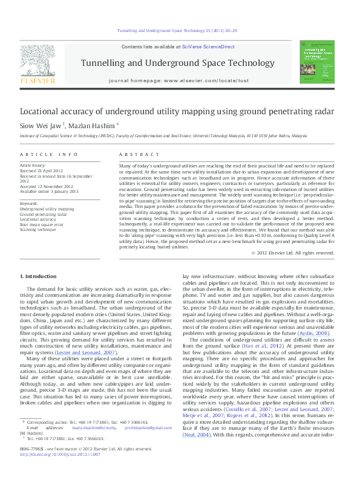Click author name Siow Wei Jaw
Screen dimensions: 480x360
pos(41,126)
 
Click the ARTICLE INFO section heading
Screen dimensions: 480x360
pos(48,155)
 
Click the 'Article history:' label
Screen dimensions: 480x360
pos(33,165)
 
